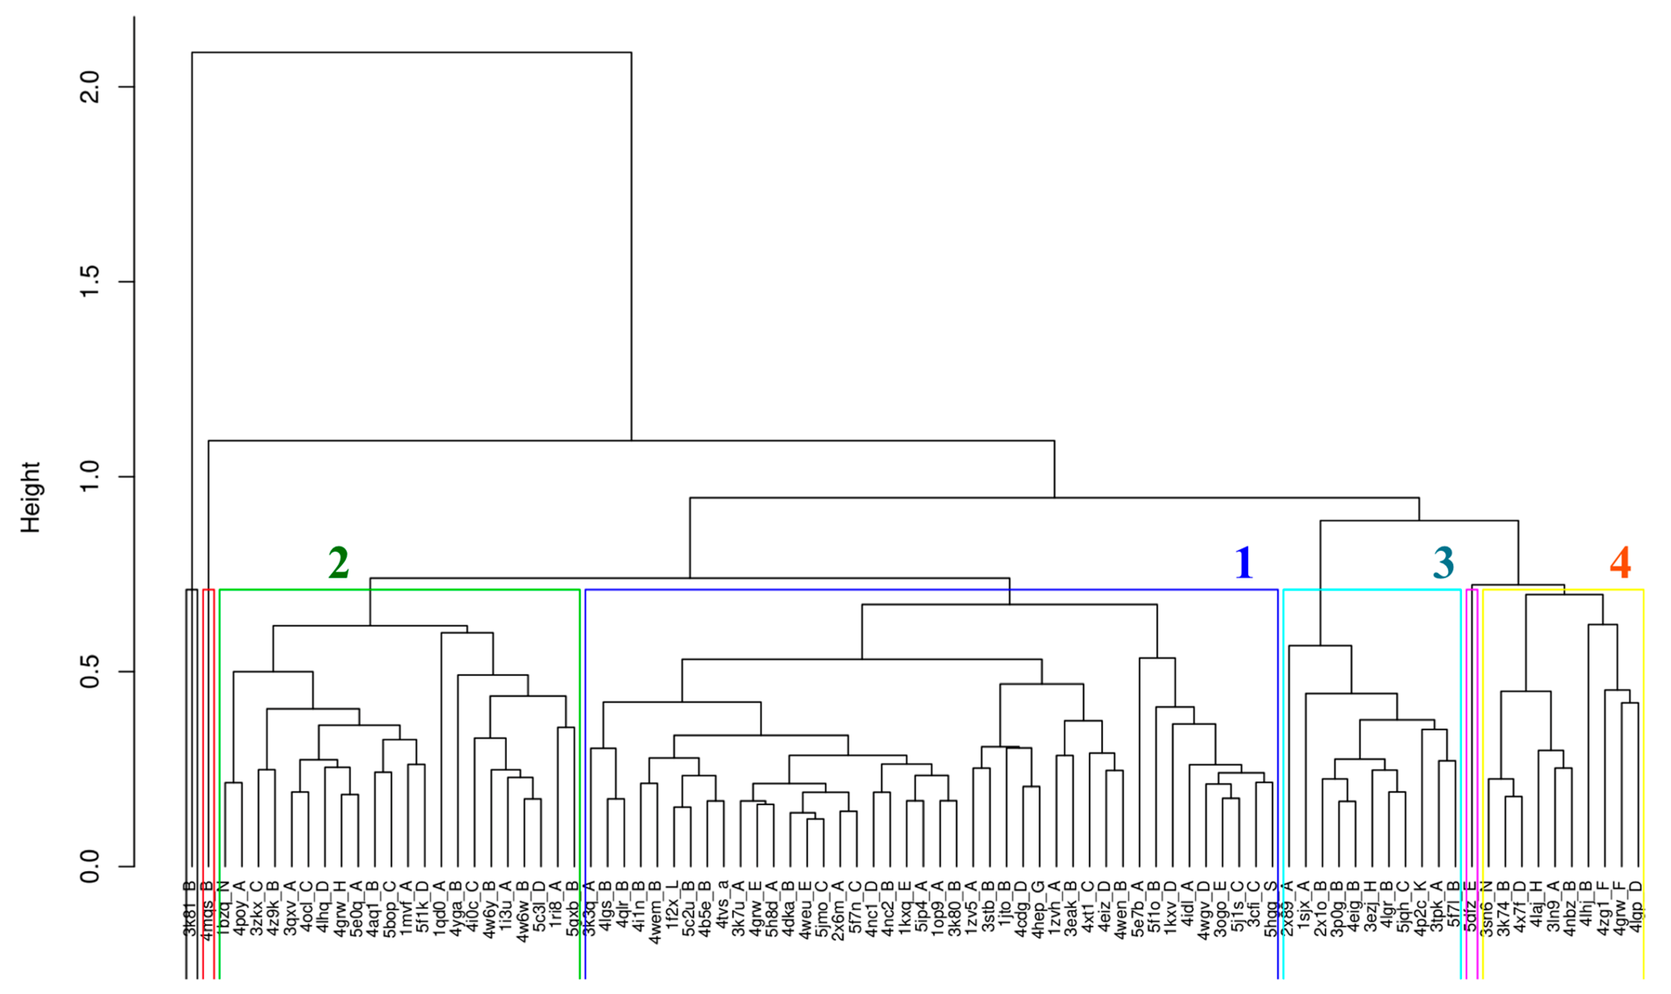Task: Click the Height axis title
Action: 31,497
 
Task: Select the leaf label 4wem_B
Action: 655,912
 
